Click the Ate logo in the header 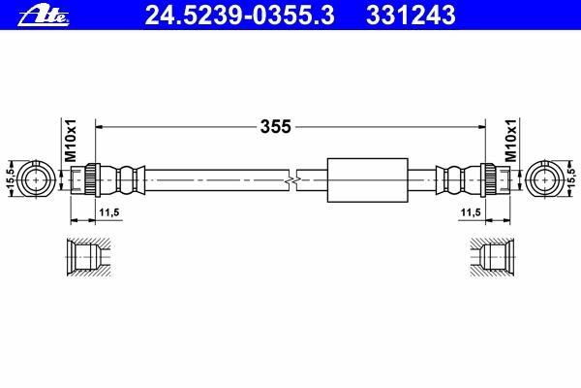coord(44,16)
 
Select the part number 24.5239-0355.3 coord(240,16)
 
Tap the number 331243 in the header coord(411,16)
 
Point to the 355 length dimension coord(276,127)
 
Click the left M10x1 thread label coord(71,141)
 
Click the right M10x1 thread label coord(510,141)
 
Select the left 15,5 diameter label coord(10,179)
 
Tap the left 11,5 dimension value coord(108,212)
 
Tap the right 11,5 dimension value coord(471,212)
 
